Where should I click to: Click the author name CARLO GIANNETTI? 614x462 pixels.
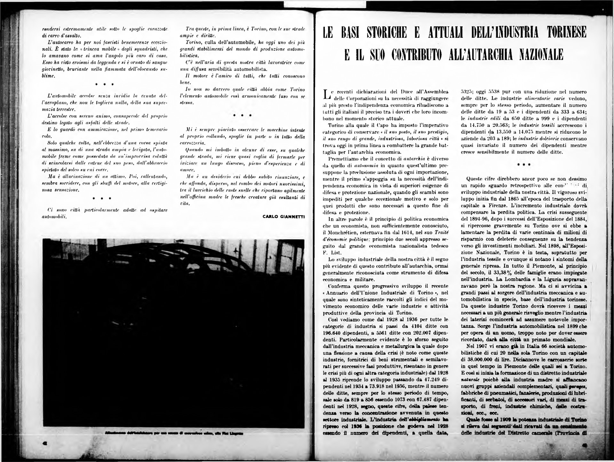click(283, 216)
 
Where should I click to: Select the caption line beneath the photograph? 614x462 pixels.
click(173, 434)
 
